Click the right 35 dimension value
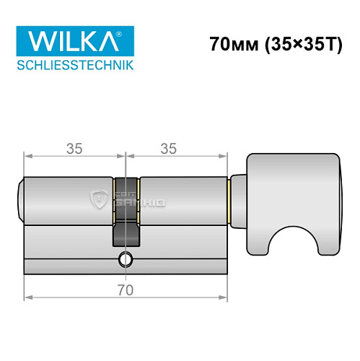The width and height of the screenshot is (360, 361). coord(169,149)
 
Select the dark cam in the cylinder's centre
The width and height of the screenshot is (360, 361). coord(126,217)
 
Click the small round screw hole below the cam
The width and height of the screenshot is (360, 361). coord(127,259)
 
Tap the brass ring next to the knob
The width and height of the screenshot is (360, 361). coord(229,199)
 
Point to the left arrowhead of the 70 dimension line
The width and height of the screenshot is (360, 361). coord(27,295)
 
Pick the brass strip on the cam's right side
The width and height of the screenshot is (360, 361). coord(140,199)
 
